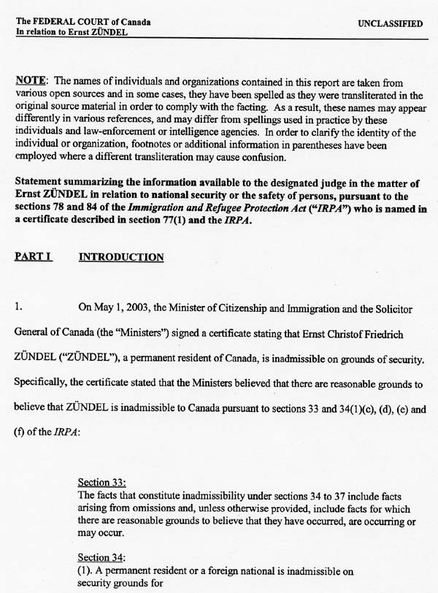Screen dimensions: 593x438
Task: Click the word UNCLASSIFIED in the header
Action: click(x=390, y=24)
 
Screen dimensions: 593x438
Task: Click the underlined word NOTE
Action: click(x=31, y=83)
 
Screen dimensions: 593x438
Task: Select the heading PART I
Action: click(x=33, y=258)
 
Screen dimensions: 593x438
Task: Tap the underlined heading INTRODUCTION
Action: click(x=121, y=258)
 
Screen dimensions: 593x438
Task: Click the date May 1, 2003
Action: click(x=121, y=310)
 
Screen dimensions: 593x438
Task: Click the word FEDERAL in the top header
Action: click(x=55, y=23)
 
